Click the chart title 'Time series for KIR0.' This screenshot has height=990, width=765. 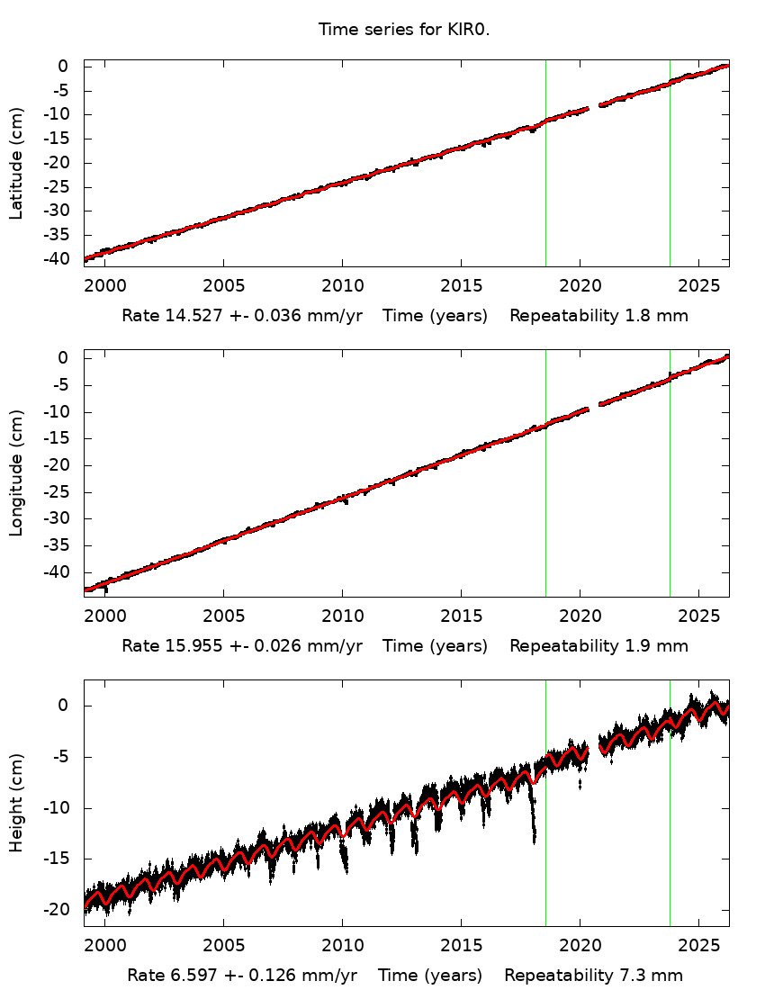[409, 30]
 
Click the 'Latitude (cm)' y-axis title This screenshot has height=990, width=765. [16, 163]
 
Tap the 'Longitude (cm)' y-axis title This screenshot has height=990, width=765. [16, 474]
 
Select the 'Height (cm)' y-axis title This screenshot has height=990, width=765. [16, 803]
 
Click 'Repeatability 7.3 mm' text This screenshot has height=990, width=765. [593, 975]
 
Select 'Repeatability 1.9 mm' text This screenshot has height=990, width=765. [598, 645]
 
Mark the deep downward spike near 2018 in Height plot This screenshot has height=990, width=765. [534, 832]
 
